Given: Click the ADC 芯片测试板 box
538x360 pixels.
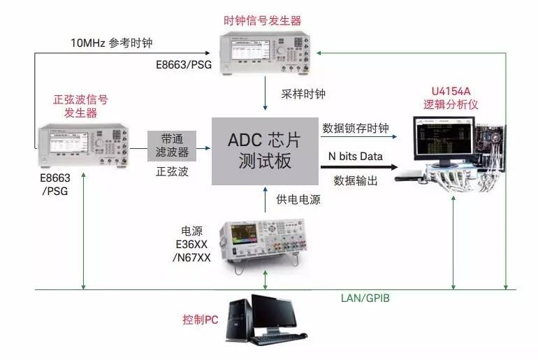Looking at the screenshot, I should point(264,150).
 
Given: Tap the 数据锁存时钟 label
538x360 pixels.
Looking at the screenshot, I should point(356,129).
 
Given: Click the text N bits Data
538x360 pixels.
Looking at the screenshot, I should point(356,157).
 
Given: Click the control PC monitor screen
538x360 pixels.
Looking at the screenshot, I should point(275,312).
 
